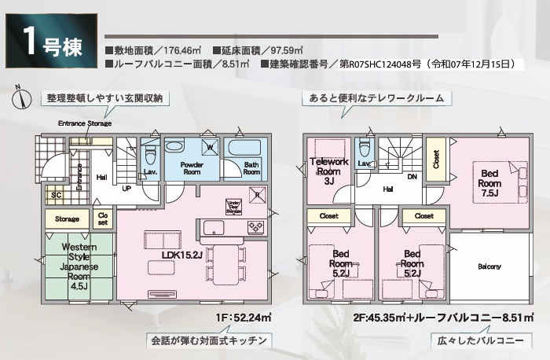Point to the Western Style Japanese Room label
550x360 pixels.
click(79, 266)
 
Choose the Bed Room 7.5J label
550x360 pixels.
click(488, 182)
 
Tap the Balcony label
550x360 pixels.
click(489, 266)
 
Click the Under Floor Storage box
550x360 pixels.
click(233, 207)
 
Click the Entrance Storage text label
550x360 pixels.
click(85, 123)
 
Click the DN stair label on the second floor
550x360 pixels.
click(412, 177)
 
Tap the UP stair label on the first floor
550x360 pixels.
click(126, 189)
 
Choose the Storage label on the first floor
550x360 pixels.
click(67, 218)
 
